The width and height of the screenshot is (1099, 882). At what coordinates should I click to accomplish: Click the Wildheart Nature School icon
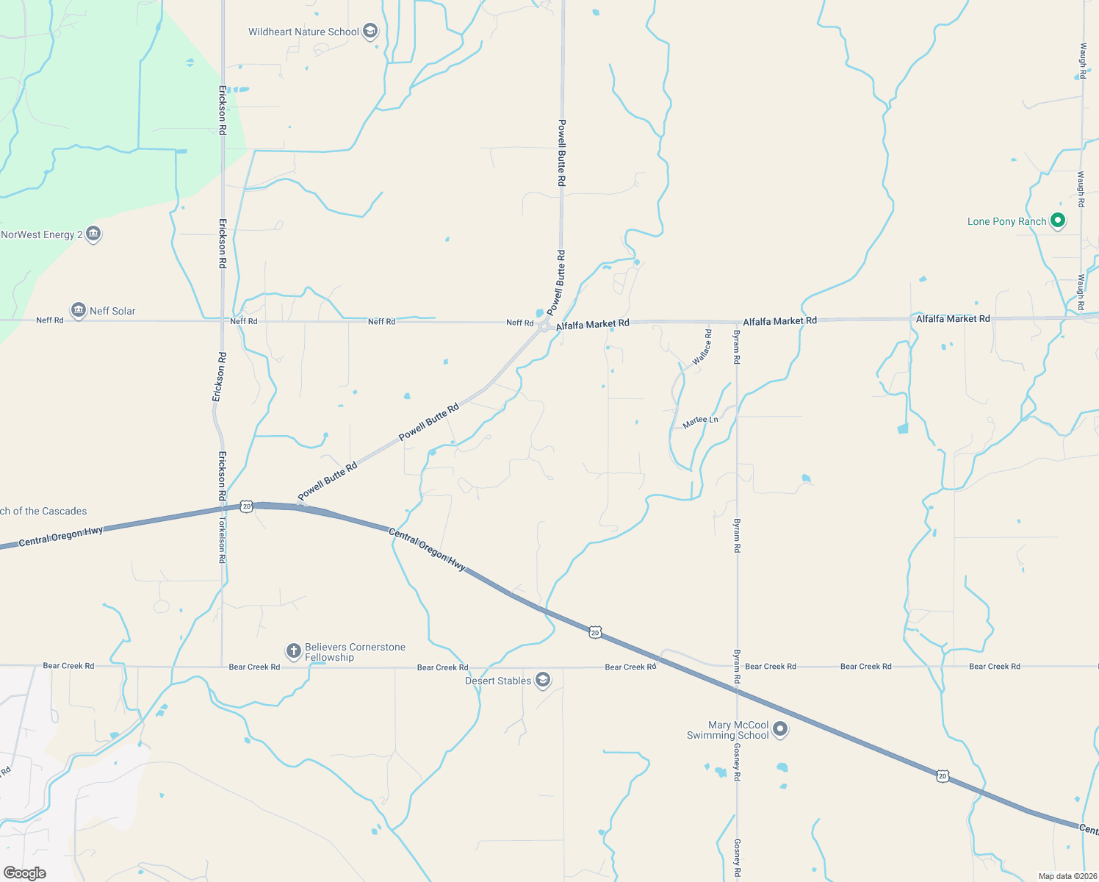coord(370,32)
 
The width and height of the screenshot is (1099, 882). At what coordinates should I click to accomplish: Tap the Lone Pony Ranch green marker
coord(1057,220)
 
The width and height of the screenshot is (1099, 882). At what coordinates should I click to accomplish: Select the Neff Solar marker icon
coord(79,310)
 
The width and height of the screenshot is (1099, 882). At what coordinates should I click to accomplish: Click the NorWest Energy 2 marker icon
coord(93,234)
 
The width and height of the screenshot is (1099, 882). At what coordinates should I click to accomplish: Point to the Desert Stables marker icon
coord(542,680)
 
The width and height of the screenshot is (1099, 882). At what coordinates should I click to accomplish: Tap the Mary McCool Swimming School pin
coord(780,729)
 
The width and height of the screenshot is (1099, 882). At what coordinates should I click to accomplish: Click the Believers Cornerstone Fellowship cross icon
coord(293,650)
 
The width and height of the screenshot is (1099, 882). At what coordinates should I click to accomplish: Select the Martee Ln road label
coord(700,421)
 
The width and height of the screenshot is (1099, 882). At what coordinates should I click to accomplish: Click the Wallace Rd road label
coord(702,347)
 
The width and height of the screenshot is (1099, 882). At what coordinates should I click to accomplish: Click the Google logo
coord(25,872)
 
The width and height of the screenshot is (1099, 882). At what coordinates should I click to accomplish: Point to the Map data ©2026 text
coord(1067,876)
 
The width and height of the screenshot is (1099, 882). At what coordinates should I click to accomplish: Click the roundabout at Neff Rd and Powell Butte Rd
coord(544,326)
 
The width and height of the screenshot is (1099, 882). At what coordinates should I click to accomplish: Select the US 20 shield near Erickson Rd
coord(246,506)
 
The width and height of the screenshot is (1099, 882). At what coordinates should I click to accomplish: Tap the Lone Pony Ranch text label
coord(1006,221)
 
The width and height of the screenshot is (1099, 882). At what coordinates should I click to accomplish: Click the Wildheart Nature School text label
coord(303,32)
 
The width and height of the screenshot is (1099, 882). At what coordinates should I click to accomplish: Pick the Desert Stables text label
coord(498,681)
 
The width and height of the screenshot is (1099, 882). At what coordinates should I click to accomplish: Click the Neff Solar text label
coord(112,311)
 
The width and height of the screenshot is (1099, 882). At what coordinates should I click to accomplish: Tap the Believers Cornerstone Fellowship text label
coord(355,652)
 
